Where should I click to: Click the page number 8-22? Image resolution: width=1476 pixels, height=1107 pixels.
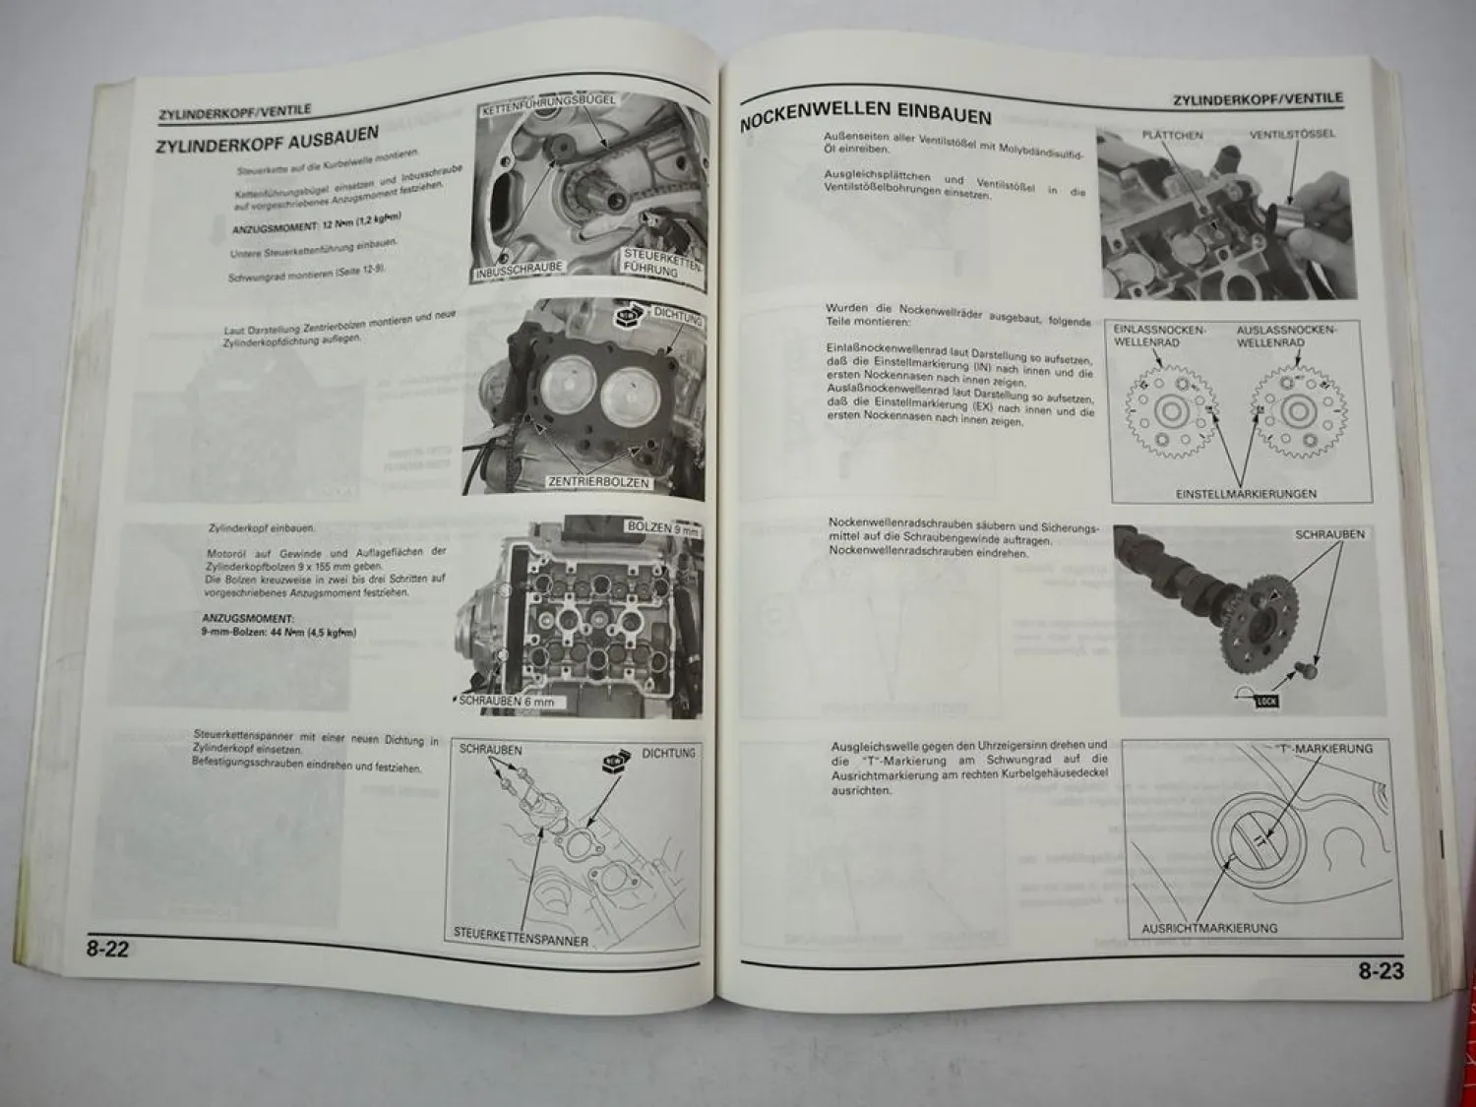pyautogui.click(x=108, y=950)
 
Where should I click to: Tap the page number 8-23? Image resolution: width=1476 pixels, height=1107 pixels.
pyautogui.click(x=1381, y=971)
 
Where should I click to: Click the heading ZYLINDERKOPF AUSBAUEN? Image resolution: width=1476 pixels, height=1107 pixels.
pyautogui.click(x=266, y=140)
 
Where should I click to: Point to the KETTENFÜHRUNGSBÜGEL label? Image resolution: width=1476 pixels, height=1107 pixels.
pyautogui.click(x=548, y=104)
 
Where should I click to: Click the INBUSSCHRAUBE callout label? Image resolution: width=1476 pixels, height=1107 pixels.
pyautogui.click(x=520, y=270)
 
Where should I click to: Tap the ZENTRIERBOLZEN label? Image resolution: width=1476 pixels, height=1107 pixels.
pyautogui.click(x=598, y=482)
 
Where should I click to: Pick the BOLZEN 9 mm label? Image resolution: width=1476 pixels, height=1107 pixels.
pyautogui.click(x=662, y=528)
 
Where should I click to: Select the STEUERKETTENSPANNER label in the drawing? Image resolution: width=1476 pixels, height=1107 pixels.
pyautogui.click(x=521, y=937)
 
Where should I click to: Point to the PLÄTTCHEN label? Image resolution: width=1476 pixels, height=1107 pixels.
pyautogui.click(x=1172, y=135)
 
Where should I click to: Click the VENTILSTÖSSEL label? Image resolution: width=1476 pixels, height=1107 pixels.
pyautogui.click(x=1292, y=134)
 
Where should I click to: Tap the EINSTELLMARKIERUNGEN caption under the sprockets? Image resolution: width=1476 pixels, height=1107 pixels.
pyautogui.click(x=1246, y=494)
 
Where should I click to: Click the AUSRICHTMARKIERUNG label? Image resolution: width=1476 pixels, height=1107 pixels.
pyautogui.click(x=1209, y=928)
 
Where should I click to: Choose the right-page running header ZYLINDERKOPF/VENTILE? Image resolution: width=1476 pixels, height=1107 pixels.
pyautogui.click(x=1258, y=99)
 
